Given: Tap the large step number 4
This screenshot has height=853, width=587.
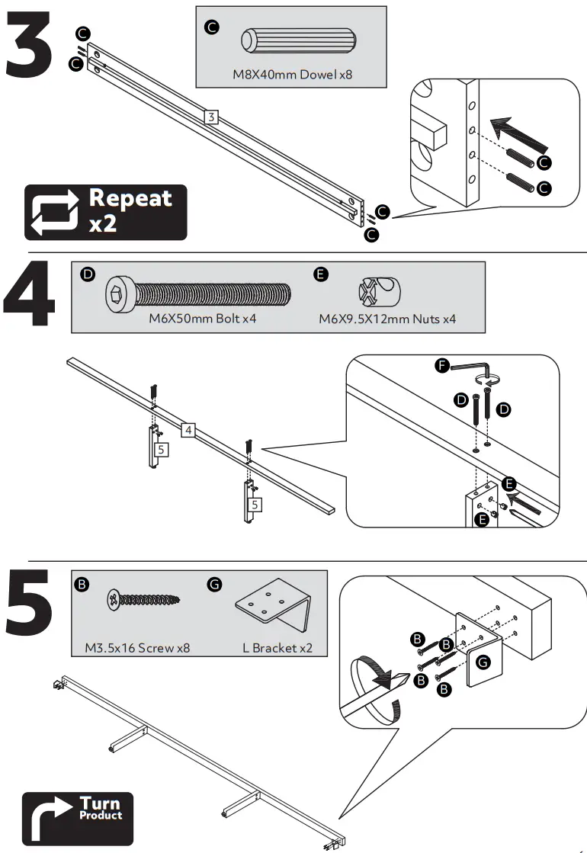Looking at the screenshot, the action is pyautogui.click(x=30, y=293).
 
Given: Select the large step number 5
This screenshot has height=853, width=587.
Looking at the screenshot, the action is pyautogui.click(x=30, y=602).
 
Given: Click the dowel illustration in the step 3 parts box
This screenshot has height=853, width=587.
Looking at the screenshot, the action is pyautogui.click(x=299, y=40).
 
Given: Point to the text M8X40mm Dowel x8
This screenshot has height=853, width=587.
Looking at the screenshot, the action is pyautogui.click(x=292, y=74).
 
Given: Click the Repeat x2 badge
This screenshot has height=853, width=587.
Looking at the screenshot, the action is pyautogui.click(x=105, y=212).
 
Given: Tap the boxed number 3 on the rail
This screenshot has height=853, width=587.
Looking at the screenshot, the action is pyautogui.click(x=211, y=117).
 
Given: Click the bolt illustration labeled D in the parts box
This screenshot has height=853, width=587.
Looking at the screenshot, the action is pyautogui.click(x=198, y=294).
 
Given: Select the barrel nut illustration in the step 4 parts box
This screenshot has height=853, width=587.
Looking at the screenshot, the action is pyautogui.click(x=379, y=291).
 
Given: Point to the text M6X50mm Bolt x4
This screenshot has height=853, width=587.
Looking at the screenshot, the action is pyautogui.click(x=202, y=318).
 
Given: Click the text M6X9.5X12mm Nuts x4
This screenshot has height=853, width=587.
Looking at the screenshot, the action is pyautogui.click(x=387, y=319).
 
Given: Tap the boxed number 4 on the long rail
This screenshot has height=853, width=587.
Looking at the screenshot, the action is pyautogui.click(x=188, y=430).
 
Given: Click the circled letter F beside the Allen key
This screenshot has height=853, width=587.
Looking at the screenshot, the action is pyautogui.click(x=441, y=365).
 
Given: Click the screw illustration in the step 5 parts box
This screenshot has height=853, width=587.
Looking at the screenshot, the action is pyautogui.click(x=143, y=599).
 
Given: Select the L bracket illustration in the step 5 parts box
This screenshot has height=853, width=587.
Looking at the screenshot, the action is pyautogui.click(x=274, y=606).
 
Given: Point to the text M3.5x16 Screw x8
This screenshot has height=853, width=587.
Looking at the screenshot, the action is pyautogui.click(x=137, y=648).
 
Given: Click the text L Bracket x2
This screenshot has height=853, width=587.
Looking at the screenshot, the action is pyautogui.click(x=277, y=648).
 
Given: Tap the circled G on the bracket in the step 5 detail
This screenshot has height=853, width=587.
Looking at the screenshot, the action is pyautogui.click(x=483, y=662).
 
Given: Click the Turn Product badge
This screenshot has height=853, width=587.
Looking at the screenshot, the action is pyautogui.click(x=77, y=819).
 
